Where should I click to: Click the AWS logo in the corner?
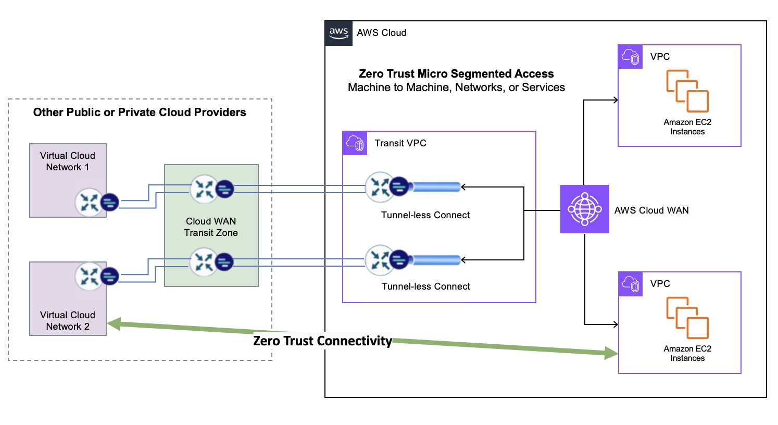pos(338,33)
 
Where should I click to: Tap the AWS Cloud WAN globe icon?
pos(585,209)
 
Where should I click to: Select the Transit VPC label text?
pos(400,143)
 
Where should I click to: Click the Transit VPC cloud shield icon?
pos(355,143)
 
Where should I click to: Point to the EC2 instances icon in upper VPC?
pos(687,91)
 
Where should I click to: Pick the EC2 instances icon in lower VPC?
pos(687,318)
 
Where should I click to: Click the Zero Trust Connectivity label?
pos(322,341)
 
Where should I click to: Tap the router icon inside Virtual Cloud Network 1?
pos(89,203)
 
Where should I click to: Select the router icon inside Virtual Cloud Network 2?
pos(89,277)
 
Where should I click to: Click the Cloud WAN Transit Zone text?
pos(211,227)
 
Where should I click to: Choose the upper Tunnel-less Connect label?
pos(425,215)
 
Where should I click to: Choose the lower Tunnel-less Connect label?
pos(425,286)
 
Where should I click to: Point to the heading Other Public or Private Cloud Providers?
pos(139,113)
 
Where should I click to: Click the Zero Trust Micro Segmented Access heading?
pos(456,73)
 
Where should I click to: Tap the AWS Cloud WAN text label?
pos(651,210)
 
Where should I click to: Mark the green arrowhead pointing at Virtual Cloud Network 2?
pos(114,324)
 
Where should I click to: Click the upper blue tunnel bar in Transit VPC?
pos(436,187)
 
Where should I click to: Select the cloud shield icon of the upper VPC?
pos(630,57)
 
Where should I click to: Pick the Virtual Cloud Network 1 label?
pos(67,161)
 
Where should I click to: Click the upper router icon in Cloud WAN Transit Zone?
pos(204,189)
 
